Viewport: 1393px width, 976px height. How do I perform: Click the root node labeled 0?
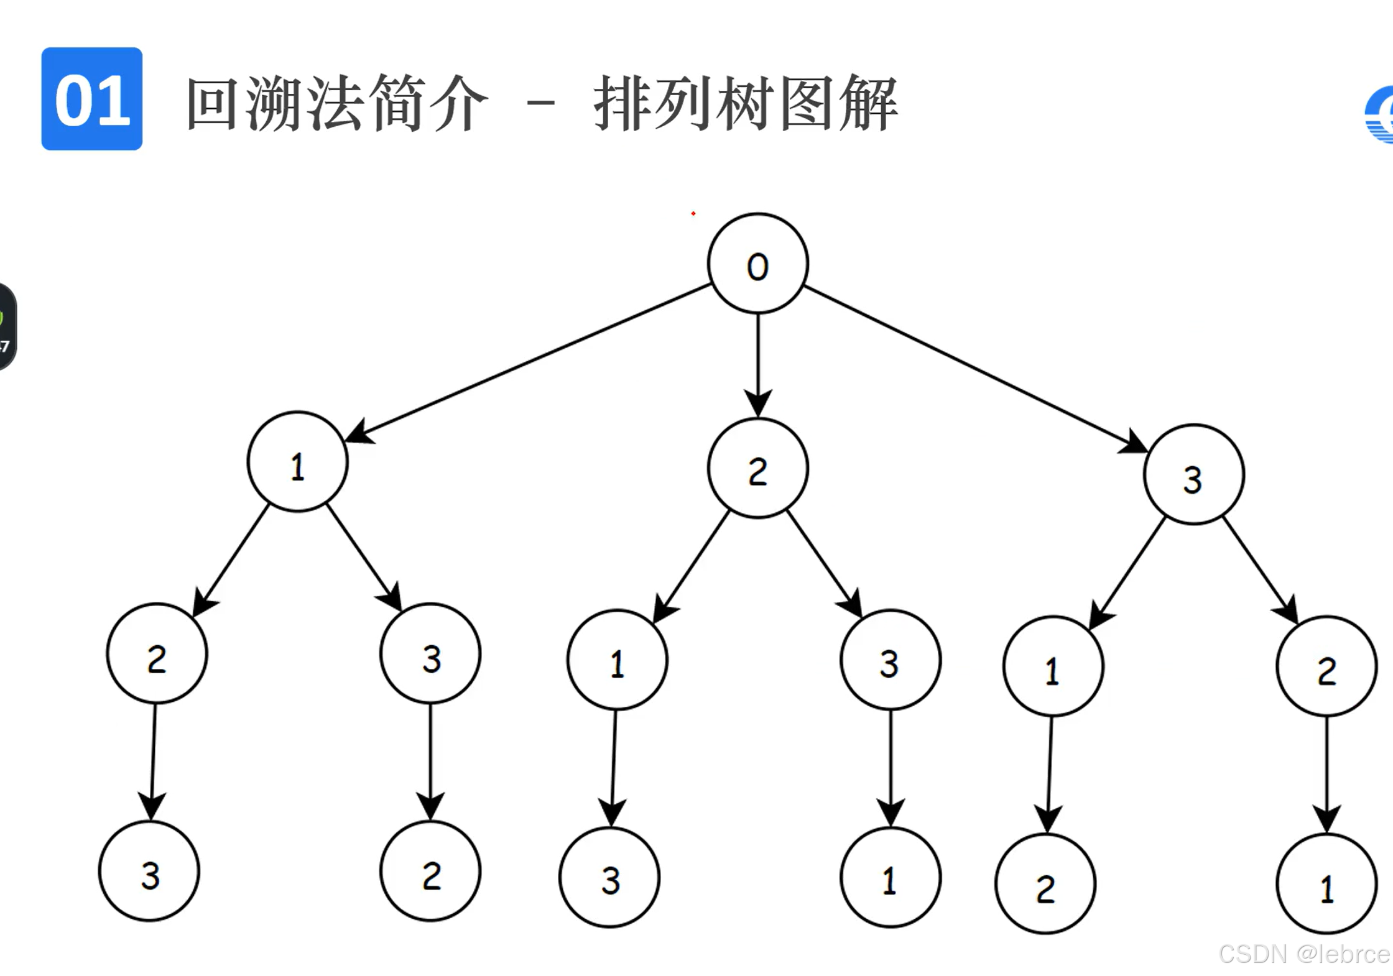point(757,264)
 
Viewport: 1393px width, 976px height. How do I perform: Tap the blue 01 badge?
point(92,99)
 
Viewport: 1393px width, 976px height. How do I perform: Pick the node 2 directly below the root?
point(757,469)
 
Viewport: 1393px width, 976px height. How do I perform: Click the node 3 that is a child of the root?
point(1193,475)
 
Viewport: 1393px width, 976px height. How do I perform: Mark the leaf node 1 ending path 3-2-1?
point(1326,884)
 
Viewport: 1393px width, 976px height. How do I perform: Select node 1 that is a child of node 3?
point(1053,666)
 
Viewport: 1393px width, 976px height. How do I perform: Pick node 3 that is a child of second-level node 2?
point(890,660)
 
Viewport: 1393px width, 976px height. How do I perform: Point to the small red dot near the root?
point(693,213)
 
